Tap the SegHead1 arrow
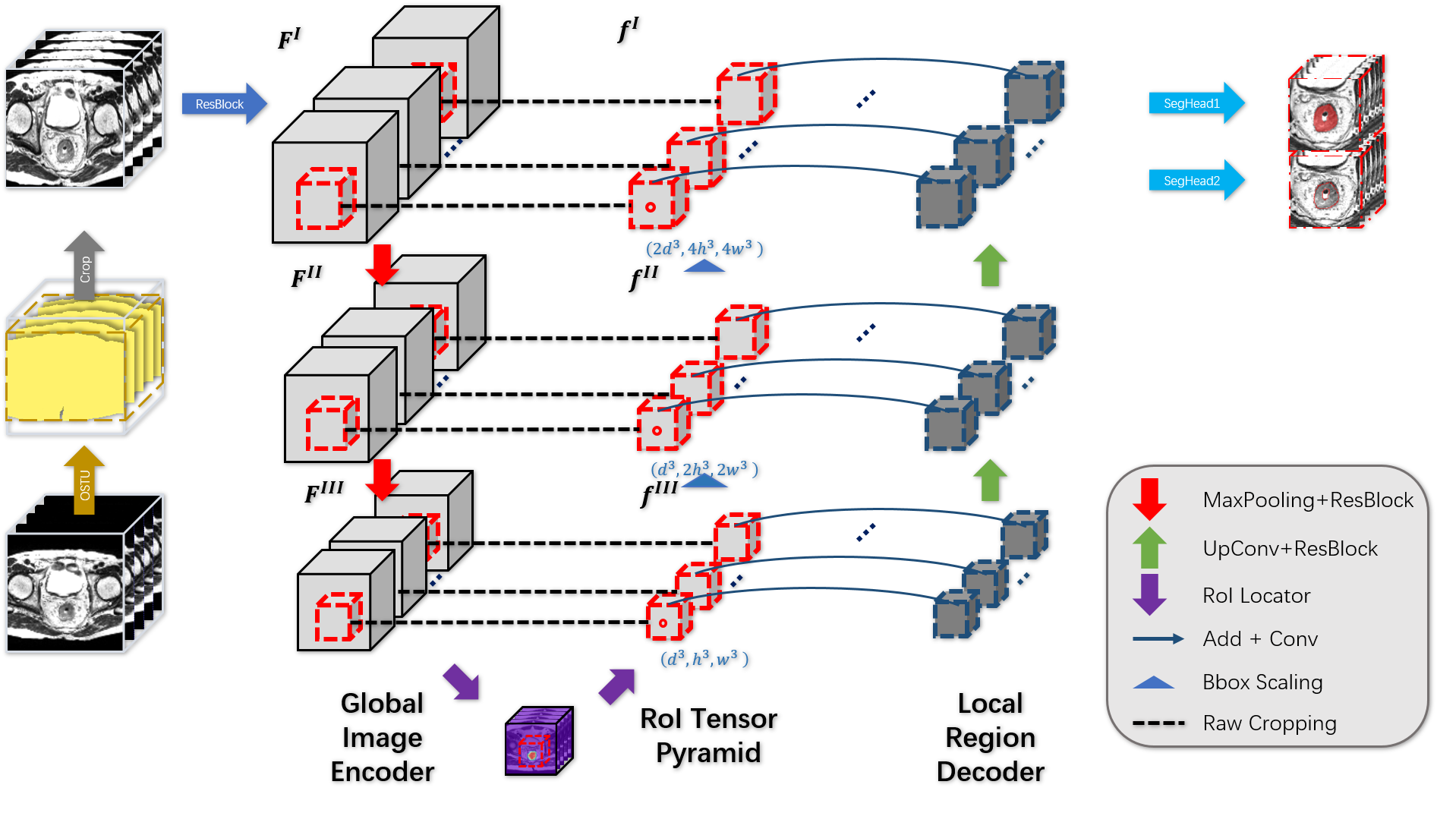point(1196,103)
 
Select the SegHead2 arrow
point(1196,181)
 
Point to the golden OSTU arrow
point(84,481)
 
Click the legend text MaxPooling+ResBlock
point(1307,500)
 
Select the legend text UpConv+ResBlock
point(1290,549)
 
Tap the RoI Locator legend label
point(1256,596)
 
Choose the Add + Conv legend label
point(1260,639)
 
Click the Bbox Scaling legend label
point(1262,682)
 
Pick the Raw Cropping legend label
point(1269,723)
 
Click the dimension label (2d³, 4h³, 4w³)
point(704,248)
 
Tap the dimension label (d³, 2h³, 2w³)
point(704,469)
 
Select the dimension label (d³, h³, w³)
point(704,658)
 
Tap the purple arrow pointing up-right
point(616,685)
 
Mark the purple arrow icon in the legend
point(1149,594)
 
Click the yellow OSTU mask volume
point(76,364)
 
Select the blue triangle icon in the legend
point(1153,683)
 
